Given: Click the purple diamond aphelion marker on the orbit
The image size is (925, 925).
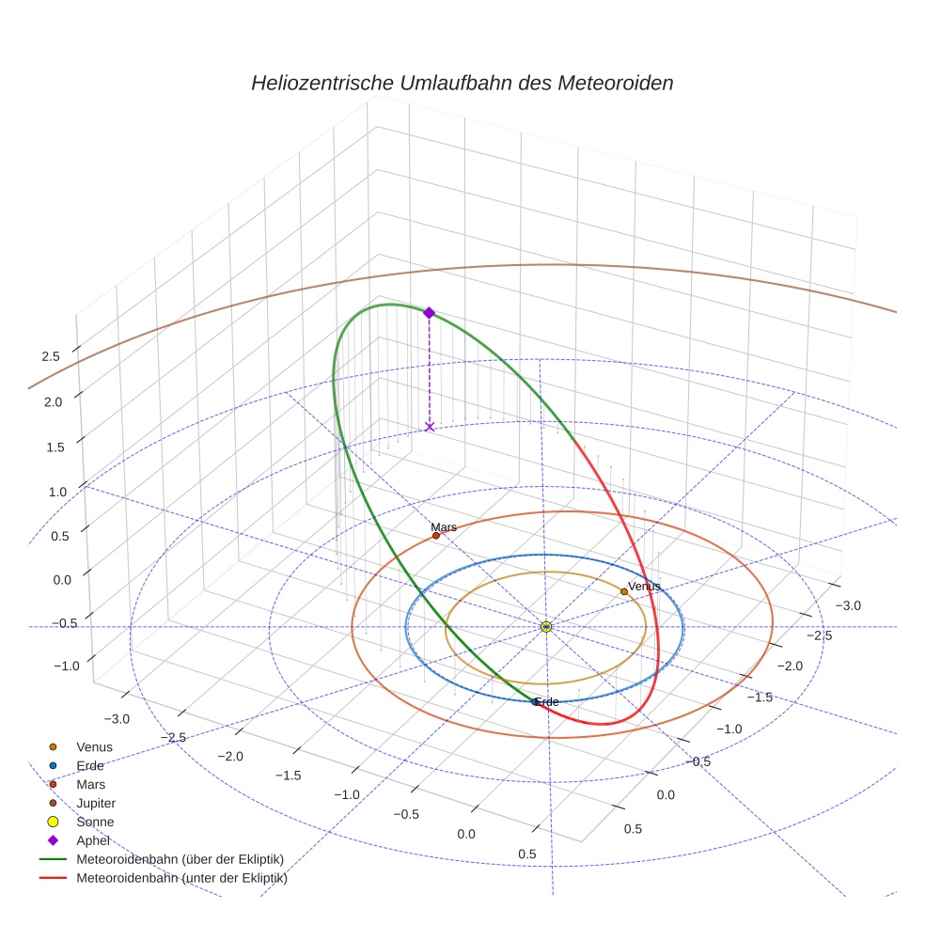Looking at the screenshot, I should pos(429,312).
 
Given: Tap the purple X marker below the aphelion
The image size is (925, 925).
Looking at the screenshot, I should pos(430,427).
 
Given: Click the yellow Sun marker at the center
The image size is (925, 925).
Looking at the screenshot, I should pos(546,626).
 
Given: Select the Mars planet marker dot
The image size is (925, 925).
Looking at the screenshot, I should pos(436,536).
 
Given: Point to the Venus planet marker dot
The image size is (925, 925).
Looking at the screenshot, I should pos(624,591).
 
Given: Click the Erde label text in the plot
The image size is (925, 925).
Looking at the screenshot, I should pos(547,702).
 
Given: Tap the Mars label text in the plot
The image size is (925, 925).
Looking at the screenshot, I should pos(444,527).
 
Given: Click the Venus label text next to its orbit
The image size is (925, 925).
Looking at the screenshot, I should pos(645,587).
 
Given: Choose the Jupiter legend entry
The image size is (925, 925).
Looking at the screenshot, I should pos(96,803).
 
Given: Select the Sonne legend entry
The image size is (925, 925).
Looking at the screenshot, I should pos(95,822).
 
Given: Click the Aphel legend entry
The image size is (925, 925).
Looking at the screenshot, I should pos(93,840).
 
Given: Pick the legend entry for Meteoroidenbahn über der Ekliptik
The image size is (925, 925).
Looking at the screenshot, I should pos(180,859).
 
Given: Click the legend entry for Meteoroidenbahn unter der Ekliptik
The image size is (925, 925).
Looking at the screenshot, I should pos(181,879).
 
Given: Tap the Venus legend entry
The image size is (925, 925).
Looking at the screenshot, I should pos(94,746).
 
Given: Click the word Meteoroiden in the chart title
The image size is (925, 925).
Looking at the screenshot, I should pos(615,83).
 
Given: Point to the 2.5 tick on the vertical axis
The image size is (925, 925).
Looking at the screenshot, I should pos(51,356).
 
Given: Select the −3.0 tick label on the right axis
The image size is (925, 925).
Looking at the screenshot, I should pos(848,606).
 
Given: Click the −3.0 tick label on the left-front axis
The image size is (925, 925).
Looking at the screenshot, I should pos(117,719).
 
